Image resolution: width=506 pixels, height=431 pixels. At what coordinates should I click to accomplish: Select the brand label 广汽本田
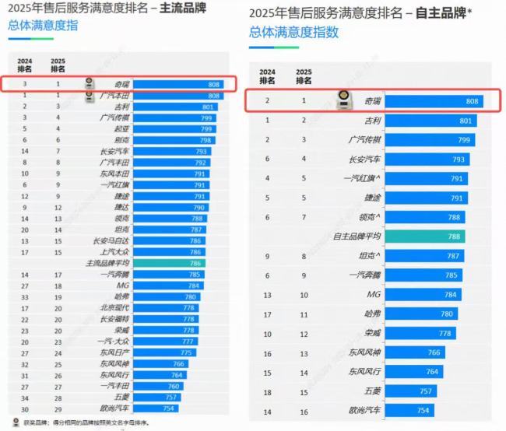[x=114, y=95]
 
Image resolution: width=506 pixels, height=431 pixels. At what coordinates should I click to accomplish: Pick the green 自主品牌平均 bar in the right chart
[x=424, y=236]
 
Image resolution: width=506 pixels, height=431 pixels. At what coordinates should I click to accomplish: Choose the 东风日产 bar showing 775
[x=164, y=353]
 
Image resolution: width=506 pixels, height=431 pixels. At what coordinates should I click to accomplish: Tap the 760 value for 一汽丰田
[x=174, y=386]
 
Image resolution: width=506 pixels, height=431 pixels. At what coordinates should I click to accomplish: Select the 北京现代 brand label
[x=114, y=308]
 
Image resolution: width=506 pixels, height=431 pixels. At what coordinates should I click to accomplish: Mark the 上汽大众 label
[x=114, y=252]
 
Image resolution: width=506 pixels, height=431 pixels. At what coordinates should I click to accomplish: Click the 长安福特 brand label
[x=114, y=320]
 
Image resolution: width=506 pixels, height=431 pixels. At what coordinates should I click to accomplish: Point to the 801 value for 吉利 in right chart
[x=466, y=121]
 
